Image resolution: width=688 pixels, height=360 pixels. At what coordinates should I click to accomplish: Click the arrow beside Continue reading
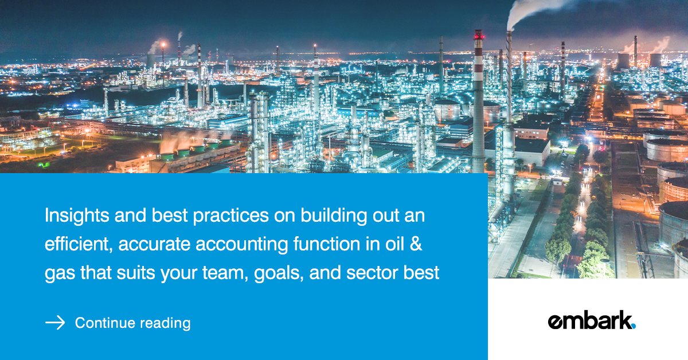(55, 323)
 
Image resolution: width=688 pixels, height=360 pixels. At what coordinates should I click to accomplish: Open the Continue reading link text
(132, 323)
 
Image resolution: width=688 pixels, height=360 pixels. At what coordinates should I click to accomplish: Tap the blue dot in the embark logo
(633, 326)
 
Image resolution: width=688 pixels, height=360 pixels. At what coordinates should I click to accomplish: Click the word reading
(165, 323)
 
